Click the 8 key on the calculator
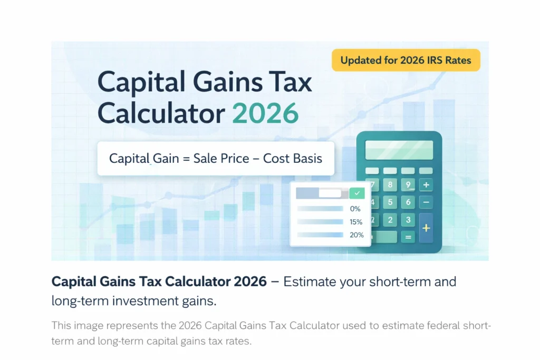pyautogui.click(x=390, y=184)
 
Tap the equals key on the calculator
pyautogui.click(x=408, y=237)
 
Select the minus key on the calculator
pyautogui.click(x=426, y=202)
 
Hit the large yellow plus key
pyautogui.click(x=426, y=228)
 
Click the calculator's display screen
pyautogui.click(x=399, y=150)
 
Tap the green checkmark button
pyautogui.click(x=357, y=193)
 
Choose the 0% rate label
pyautogui.click(x=355, y=209)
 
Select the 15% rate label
pyautogui.click(x=356, y=222)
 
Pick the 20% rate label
pyautogui.click(x=356, y=235)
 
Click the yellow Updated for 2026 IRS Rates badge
pyautogui.click(x=406, y=60)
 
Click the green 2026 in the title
pyautogui.click(x=265, y=113)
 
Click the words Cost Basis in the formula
pyautogui.click(x=293, y=158)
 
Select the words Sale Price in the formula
pyautogui.click(x=220, y=158)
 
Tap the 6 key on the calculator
pyautogui.click(x=408, y=202)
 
